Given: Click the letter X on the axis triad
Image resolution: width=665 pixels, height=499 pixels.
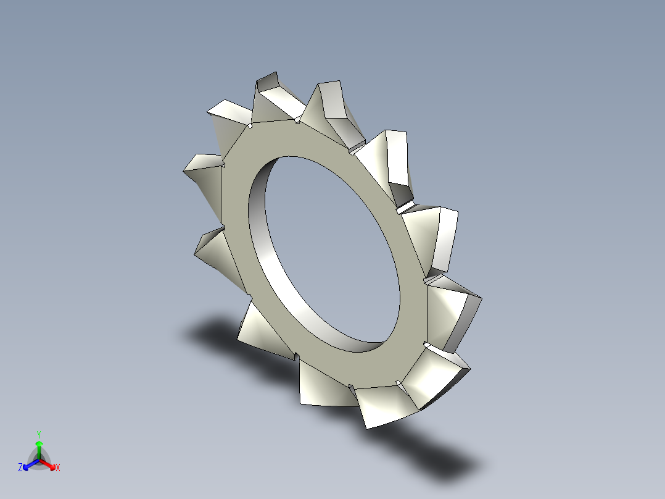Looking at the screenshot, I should click(58, 468).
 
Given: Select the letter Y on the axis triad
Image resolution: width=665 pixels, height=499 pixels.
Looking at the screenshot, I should click(38, 434).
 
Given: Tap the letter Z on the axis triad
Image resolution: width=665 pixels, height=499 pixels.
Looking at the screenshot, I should click(20, 468).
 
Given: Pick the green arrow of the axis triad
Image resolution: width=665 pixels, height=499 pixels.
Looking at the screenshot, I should click(38, 447).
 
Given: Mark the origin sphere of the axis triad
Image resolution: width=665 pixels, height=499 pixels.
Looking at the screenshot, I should click(38, 459).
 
